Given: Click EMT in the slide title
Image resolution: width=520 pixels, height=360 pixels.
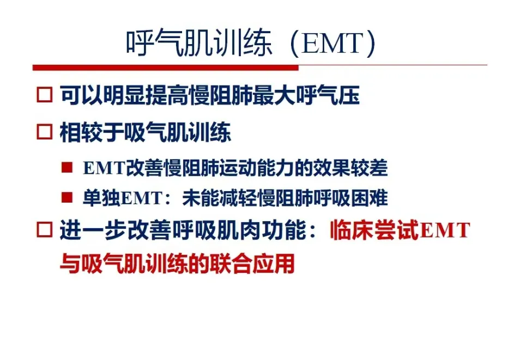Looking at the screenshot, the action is (x=332, y=44).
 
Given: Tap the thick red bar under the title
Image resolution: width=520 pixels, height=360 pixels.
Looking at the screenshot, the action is (x=166, y=68).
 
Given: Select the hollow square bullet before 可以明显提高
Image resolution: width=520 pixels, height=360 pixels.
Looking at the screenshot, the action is (x=45, y=95).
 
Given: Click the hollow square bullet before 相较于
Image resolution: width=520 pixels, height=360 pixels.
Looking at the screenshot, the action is (x=45, y=132).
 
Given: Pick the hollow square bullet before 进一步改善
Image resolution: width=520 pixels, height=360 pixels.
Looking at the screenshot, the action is (x=45, y=229).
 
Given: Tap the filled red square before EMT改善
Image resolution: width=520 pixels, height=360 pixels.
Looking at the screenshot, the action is (x=67, y=167).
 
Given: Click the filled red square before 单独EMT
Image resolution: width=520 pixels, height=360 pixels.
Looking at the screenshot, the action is (x=67, y=197).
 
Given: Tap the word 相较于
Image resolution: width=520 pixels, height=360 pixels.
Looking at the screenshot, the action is (x=91, y=132).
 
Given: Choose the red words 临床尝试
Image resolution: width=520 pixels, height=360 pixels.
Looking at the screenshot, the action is (x=374, y=230).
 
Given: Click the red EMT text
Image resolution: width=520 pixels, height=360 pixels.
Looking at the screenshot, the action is (x=445, y=230).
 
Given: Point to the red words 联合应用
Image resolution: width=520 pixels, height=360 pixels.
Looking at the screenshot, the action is (x=251, y=264).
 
